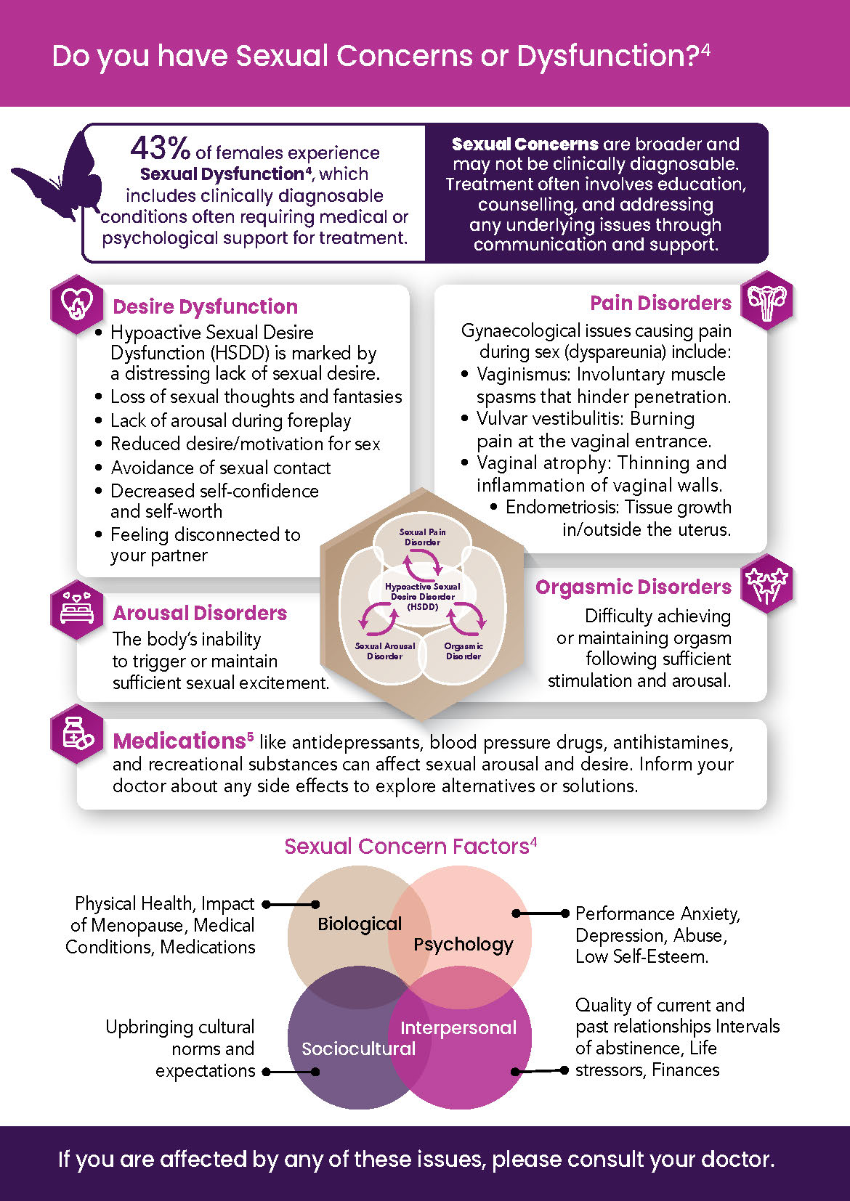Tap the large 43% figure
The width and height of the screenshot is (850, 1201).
tap(160, 149)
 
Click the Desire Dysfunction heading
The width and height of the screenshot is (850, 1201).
tap(205, 306)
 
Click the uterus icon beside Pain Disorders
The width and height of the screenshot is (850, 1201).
tap(766, 301)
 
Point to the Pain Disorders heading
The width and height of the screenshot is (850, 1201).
tap(660, 303)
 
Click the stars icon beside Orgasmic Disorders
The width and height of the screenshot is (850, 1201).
tap(766, 585)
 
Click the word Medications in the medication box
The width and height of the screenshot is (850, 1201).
tap(179, 741)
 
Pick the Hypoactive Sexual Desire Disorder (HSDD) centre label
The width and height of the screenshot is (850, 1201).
tap(422, 596)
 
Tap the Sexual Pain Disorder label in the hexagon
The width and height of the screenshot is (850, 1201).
tap(422, 537)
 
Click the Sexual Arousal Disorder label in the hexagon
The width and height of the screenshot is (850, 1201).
tap(384, 651)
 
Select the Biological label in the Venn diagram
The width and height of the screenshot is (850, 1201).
tap(359, 924)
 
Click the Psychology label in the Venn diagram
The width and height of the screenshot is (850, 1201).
tap(463, 944)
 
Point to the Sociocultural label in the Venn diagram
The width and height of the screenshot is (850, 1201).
tap(358, 1049)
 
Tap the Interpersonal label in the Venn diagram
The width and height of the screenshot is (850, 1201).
tap(458, 1027)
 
